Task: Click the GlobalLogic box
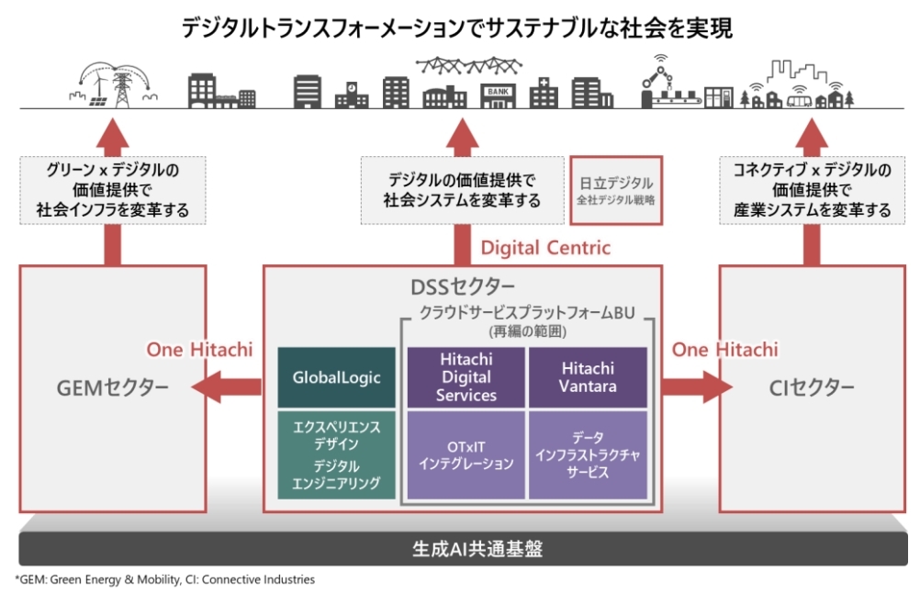(x=336, y=377)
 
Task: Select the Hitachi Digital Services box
(x=466, y=377)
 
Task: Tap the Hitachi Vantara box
(x=588, y=377)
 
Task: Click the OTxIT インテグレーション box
(x=466, y=454)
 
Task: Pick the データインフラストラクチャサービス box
(x=588, y=454)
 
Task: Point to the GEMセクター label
(x=113, y=387)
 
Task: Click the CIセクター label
(x=812, y=387)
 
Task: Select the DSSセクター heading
(x=463, y=287)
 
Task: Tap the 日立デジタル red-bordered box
(x=616, y=190)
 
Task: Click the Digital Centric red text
(x=545, y=248)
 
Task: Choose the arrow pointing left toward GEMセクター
(x=227, y=387)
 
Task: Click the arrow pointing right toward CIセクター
(x=697, y=387)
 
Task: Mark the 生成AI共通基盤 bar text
(x=477, y=549)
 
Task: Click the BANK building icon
(x=498, y=95)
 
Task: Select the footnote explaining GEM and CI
(x=165, y=580)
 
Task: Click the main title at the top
(x=457, y=28)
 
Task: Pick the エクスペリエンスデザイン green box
(x=336, y=454)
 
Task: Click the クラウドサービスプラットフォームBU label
(x=527, y=312)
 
